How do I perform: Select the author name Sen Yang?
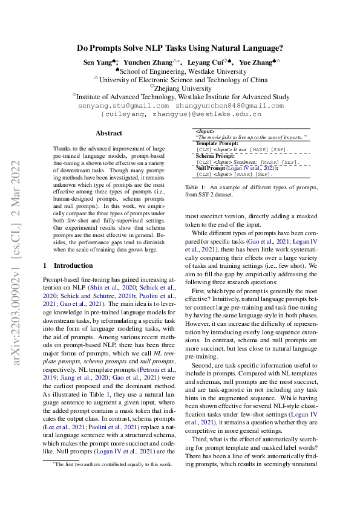click(98, 62)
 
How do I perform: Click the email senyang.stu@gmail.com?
click(123, 105)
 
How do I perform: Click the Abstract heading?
click(109, 133)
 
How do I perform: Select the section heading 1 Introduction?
click(67, 265)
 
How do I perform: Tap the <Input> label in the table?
click(206, 131)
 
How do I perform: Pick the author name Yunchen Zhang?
click(148, 62)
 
